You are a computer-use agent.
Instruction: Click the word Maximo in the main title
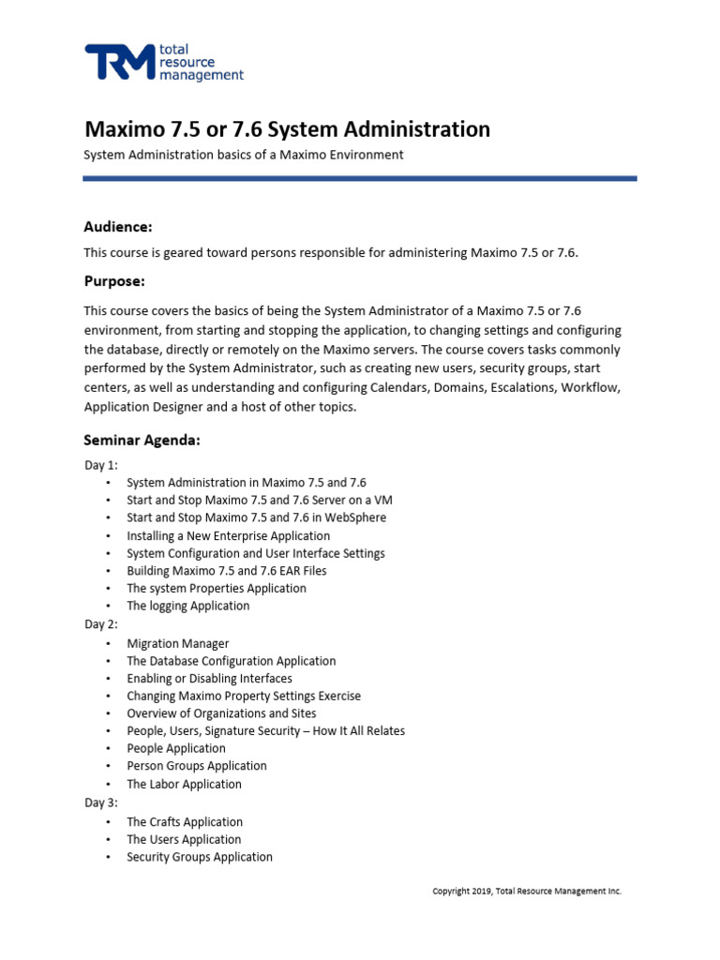[126, 128]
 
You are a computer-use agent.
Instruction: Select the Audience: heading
[117, 227]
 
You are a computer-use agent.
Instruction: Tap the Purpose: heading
[114, 281]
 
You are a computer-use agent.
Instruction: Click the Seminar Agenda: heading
[142, 439]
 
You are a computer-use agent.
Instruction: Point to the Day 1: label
[100, 464]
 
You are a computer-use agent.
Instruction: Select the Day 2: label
[100, 623]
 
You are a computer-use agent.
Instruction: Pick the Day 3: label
[100, 802]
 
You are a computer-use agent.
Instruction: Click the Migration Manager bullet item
[177, 643]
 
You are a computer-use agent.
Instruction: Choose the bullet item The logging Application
[187, 606]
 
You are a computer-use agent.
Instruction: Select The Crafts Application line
[185, 821]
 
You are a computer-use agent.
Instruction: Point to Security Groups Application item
[200, 857]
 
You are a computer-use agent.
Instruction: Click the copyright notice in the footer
[526, 892]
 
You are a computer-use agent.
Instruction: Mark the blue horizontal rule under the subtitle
[359, 178]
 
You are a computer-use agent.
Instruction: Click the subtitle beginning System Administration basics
[244, 155]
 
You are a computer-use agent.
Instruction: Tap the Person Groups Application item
[197, 766]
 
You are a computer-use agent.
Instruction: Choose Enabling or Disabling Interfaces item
[209, 678]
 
